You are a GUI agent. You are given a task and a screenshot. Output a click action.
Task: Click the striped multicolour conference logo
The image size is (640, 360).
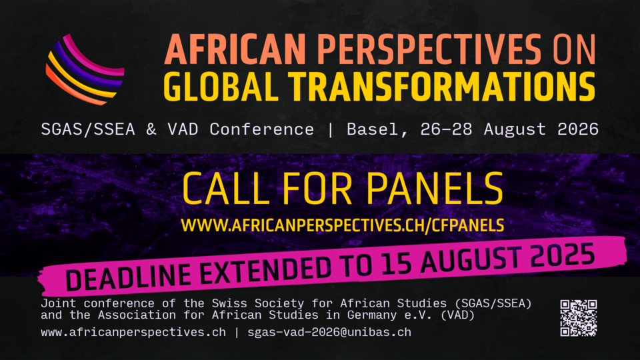click(85, 70)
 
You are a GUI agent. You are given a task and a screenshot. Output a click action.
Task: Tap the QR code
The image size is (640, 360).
click(579, 318)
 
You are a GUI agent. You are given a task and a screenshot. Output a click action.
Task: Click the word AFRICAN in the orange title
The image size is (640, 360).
click(235, 49)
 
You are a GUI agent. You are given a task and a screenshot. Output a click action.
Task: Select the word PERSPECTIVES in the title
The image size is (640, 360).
click(429, 49)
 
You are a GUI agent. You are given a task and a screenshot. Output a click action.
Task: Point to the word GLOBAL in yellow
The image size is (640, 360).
click(221, 87)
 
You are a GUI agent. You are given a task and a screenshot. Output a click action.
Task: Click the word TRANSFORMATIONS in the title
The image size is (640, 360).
click(441, 87)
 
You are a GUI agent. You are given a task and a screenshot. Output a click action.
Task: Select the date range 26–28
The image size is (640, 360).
click(446, 129)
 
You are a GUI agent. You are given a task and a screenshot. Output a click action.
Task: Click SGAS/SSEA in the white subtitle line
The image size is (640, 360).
click(88, 129)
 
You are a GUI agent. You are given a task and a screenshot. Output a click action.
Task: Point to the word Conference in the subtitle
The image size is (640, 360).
click(261, 129)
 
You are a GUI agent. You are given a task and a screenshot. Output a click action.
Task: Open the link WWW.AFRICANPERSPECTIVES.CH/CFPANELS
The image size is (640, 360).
click(343, 225)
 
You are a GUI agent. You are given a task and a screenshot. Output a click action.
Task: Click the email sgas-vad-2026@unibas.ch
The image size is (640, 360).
click(329, 332)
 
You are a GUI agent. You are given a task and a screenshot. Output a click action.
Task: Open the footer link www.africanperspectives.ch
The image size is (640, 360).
click(133, 333)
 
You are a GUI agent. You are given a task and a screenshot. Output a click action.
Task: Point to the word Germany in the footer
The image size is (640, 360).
click(372, 315)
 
